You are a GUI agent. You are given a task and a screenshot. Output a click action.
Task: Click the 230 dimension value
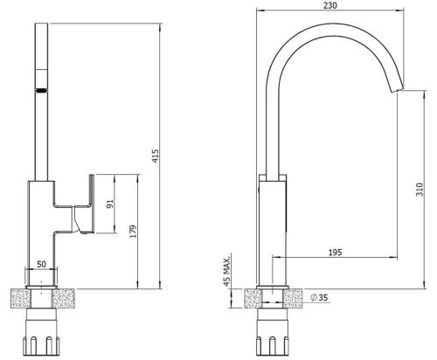(330, 5)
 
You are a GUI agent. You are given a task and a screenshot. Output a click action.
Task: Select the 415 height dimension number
(156, 156)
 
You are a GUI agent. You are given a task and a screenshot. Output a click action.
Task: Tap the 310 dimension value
(420, 190)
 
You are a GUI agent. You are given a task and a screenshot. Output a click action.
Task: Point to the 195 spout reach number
(335, 253)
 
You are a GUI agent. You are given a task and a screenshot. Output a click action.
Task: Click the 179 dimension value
(133, 231)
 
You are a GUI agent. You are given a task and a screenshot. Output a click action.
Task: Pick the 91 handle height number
(110, 204)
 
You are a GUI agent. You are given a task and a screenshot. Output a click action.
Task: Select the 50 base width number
(41, 264)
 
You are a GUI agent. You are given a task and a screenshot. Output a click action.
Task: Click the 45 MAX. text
(226, 269)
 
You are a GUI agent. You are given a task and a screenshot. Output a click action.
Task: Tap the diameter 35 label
(319, 297)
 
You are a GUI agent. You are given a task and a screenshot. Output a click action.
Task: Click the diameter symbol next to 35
(314, 297)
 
